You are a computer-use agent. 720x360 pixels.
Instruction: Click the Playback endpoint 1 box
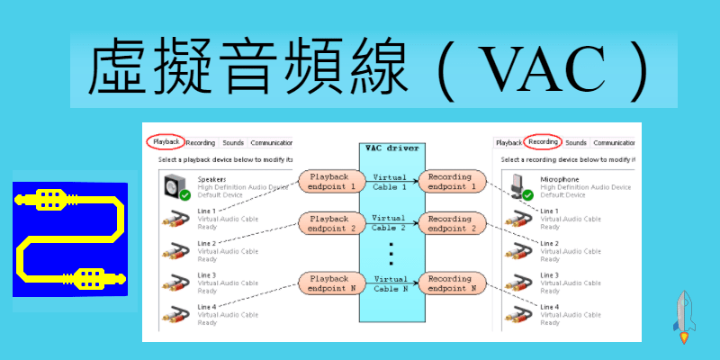pos(328,181)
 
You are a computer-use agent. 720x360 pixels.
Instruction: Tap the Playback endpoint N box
pos(328,283)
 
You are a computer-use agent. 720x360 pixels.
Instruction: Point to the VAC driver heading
pos(391,148)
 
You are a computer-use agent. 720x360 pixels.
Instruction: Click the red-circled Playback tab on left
pos(166,142)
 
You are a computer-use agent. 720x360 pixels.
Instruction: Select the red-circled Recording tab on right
pos(543,142)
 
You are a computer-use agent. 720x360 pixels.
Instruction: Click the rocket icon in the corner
pos(685,316)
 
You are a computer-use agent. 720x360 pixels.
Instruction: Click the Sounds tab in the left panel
pos(233,142)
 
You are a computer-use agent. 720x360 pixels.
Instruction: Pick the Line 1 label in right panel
pos(549,211)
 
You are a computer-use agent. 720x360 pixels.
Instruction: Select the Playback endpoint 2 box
pos(328,223)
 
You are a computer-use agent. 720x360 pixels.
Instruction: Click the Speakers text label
pos(212,178)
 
